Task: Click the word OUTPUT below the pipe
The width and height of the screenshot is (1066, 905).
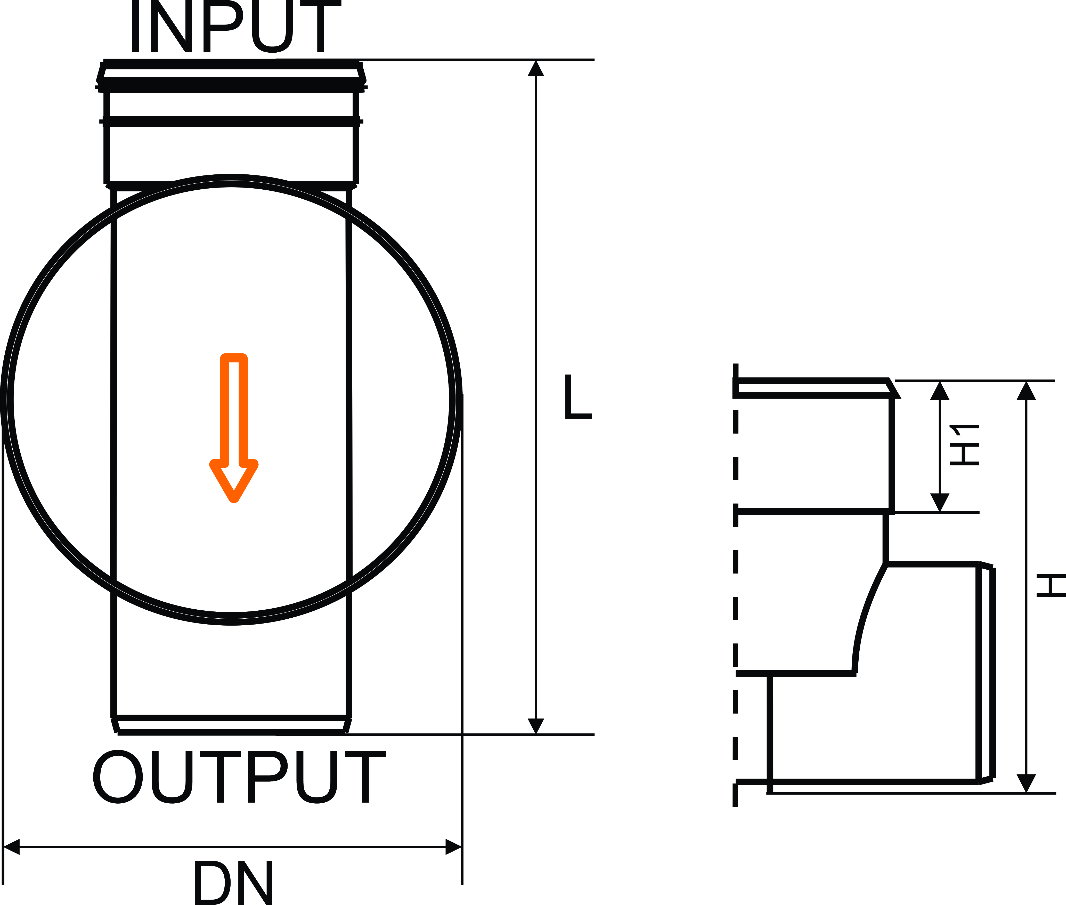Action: click(x=239, y=776)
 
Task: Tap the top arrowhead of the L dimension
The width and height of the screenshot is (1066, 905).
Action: click(x=535, y=68)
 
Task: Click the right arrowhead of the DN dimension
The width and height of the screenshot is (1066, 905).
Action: click(x=453, y=847)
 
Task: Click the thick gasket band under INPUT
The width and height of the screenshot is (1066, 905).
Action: click(x=231, y=85)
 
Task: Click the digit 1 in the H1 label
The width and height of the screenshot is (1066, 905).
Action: click(x=964, y=430)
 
